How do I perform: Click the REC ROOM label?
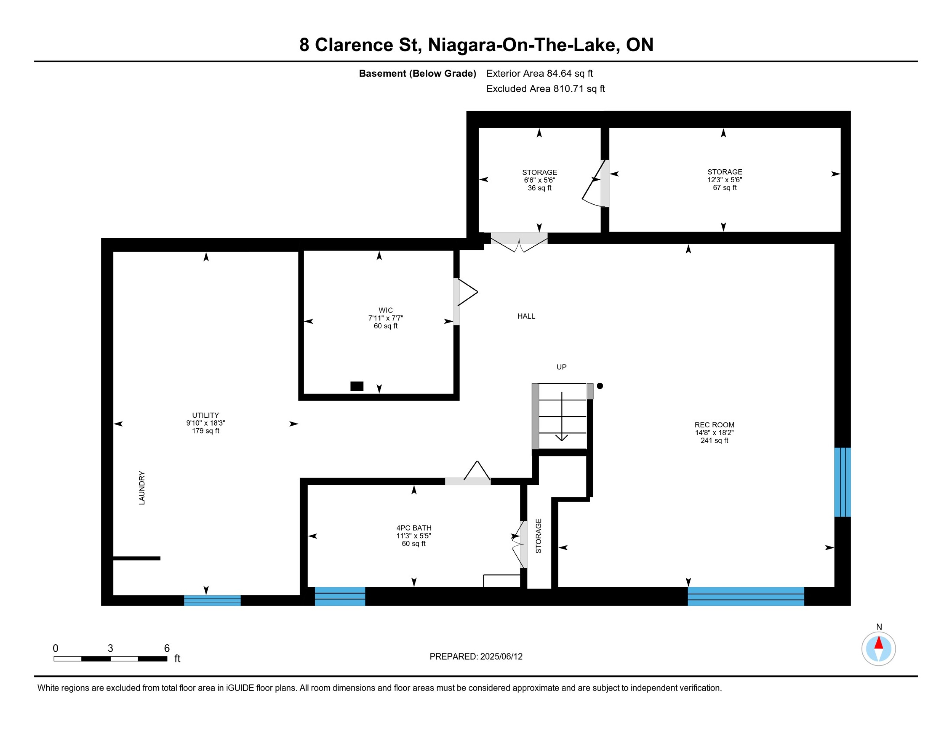coord(714,425)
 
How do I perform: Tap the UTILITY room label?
coord(205,415)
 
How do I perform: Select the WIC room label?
coord(385,310)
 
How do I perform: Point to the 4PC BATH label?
coord(413,527)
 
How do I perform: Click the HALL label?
coord(526,316)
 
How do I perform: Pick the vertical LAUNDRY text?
coord(142,488)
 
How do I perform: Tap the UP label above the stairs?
coord(561,367)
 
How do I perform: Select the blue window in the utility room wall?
coord(212,600)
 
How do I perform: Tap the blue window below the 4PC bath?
coord(340,597)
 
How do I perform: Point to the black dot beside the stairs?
coord(600,386)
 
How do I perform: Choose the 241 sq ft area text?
coord(714,440)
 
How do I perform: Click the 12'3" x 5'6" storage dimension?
coord(724,180)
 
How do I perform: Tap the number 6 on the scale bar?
coord(167,648)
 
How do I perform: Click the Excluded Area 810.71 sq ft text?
coord(546,89)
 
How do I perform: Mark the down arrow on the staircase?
coord(562,416)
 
